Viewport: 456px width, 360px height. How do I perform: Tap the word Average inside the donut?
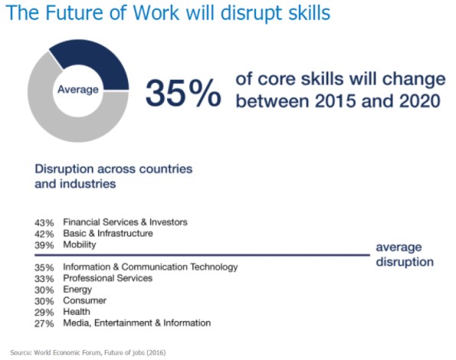click(x=78, y=89)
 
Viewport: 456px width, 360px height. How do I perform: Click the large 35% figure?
click(x=183, y=93)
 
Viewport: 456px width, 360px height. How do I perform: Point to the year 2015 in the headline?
click(x=335, y=101)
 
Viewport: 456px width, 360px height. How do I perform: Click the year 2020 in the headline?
click(x=420, y=101)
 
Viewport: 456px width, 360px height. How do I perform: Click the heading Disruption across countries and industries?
click(x=113, y=176)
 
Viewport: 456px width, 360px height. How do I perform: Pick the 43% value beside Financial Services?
click(x=44, y=223)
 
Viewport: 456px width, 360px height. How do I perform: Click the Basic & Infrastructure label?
click(x=108, y=234)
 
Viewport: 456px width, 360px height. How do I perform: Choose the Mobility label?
click(x=80, y=244)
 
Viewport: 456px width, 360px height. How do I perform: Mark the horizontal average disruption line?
click(x=202, y=255)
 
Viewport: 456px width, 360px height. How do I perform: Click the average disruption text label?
click(x=405, y=254)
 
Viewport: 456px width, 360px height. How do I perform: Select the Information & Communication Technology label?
click(x=150, y=267)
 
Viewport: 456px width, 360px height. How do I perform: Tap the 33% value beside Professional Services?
click(x=44, y=279)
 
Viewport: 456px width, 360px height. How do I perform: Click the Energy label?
click(x=77, y=290)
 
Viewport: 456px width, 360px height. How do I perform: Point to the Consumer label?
click(x=84, y=300)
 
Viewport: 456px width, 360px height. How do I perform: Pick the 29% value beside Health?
click(x=44, y=313)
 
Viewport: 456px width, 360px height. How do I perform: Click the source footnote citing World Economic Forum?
click(x=88, y=352)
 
